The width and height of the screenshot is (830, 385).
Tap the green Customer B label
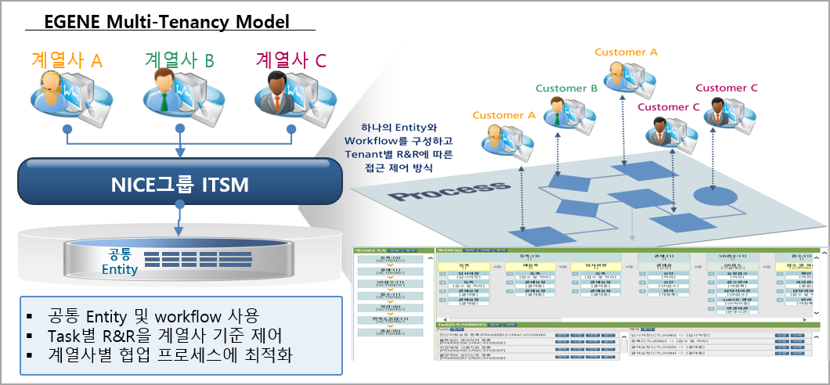click(566, 88)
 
